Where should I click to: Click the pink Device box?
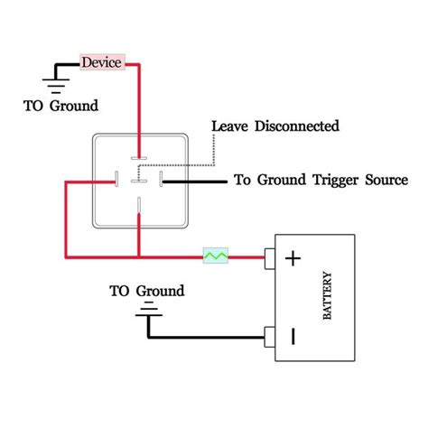pyautogui.click(x=104, y=62)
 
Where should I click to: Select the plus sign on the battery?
pyautogui.click(x=292, y=258)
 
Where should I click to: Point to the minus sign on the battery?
pyautogui.click(x=292, y=336)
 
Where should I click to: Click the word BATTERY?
pyautogui.click(x=326, y=296)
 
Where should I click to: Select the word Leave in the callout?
pyautogui.click(x=229, y=126)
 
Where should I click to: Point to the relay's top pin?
pyautogui.click(x=138, y=156)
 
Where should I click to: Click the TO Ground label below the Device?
pyautogui.click(x=60, y=106)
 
